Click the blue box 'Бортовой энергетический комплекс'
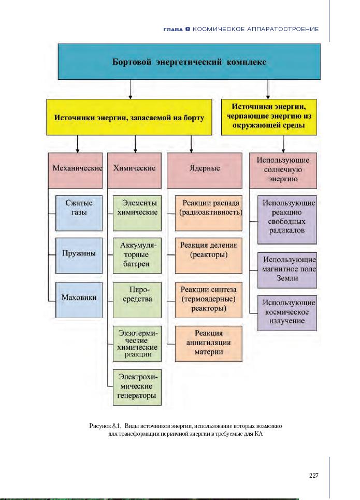pyautogui.click(x=189, y=62)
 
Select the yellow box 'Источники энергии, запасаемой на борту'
pyautogui.click(x=129, y=118)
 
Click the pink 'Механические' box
pyautogui.click(x=76, y=169)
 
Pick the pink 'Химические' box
pyautogui.click(x=135, y=169)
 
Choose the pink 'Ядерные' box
pyautogui.click(x=205, y=169)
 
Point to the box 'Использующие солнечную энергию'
pyautogui.click(x=283, y=169)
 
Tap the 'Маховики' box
pyautogui.click(x=79, y=298)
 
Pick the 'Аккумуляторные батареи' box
pyautogui.click(x=137, y=255)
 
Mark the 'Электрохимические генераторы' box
pyautogui.click(x=137, y=387)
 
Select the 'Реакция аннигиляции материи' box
pyautogui.click(x=208, y=342)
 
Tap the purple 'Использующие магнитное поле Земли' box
pyautogui.click(x=287, y=269)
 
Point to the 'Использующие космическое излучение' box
pyautogui.click(x=287, y=312)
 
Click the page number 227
pyautogui.click(x=313, y=476)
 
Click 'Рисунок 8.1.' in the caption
pyautogui.click(x=105, y=425)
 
